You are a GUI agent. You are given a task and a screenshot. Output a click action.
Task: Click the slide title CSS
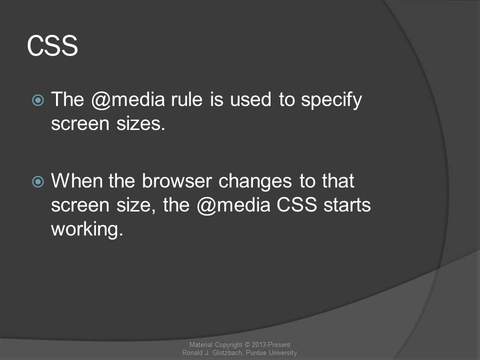click(52, 45)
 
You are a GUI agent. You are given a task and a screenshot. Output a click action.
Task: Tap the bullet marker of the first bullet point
click(38, 100)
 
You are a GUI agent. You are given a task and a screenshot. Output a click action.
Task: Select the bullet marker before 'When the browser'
click(38, 181)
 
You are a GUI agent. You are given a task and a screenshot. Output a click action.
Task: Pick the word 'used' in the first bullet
click(250, 99)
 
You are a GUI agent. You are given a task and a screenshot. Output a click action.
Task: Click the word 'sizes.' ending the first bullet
click(140, 123)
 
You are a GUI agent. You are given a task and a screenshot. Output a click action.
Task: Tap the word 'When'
click(77, 180)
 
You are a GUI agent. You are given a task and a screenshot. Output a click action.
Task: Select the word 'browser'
click(176, 180)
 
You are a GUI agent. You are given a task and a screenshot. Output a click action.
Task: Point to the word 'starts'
click(347, 205)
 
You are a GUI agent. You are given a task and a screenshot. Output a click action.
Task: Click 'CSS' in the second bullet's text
click(296, 204)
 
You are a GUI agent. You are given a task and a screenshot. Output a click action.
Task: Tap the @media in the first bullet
click(128, 100)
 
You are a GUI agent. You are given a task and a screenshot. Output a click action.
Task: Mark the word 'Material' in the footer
click(200, 344)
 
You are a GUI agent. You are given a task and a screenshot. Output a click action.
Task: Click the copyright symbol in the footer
click(247, 345)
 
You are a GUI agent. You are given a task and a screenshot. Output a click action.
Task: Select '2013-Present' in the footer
click(271, 344)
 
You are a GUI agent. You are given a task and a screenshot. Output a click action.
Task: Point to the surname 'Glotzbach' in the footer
click(227, 352)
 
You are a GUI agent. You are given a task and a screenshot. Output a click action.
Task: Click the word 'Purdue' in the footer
click(256, 352)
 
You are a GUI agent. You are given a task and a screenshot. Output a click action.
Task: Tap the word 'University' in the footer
click(283, 353)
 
